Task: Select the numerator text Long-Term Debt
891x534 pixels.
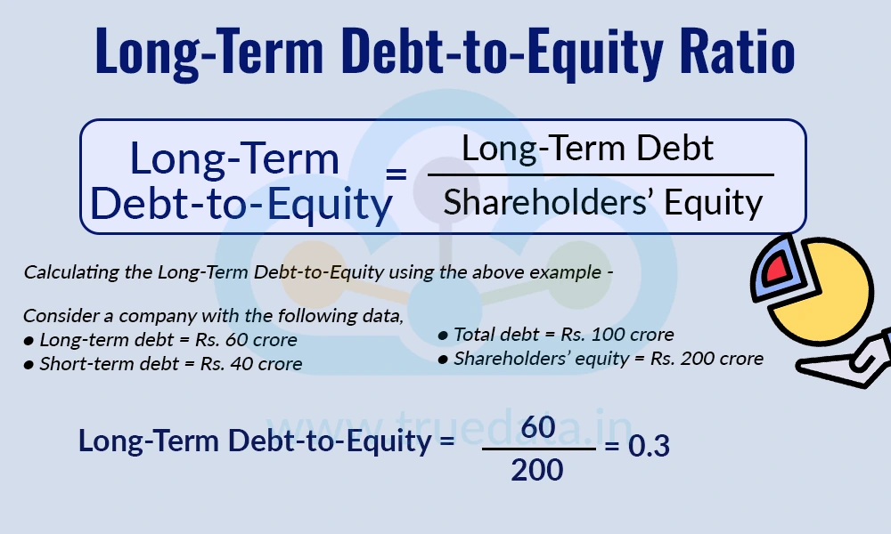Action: click(588, 148)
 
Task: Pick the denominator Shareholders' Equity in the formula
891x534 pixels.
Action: click(603, 203)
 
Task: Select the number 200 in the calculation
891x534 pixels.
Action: click(537, 469)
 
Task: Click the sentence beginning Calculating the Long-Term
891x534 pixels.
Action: click(317, 272)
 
